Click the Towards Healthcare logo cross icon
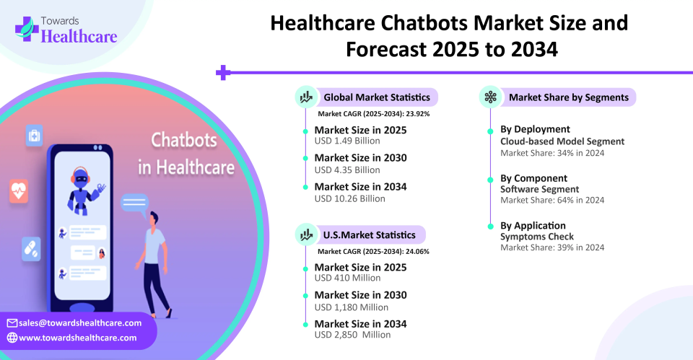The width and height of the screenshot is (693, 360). pos(27,29)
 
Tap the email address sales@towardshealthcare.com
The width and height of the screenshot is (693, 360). pos(80,323)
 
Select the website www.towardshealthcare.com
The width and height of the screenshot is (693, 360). pos(78,338)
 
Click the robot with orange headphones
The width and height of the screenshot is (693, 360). pos(84,190)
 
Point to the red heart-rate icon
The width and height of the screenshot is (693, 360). pos(19,191)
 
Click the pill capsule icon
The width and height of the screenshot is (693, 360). pos(31,249)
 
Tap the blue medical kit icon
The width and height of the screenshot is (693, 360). pos(34,136)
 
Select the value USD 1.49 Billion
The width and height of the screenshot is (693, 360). pos(347,141)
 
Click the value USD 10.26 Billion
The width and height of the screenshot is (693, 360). pos(349,199)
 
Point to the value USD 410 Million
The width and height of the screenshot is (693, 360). pos(347,278)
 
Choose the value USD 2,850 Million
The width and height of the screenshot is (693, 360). pos(352,335)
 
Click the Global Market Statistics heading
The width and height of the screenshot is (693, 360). pos(377,97)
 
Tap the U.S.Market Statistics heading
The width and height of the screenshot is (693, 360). pos(370,235)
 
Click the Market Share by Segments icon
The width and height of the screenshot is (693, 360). pos(491,97)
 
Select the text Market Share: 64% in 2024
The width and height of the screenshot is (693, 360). pos(552,200)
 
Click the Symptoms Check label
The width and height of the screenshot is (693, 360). pos(537,237)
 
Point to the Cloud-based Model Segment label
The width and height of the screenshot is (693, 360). pos(562,141)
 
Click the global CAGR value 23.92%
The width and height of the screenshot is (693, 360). pos(418,114)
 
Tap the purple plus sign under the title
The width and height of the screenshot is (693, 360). pos(223,72)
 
